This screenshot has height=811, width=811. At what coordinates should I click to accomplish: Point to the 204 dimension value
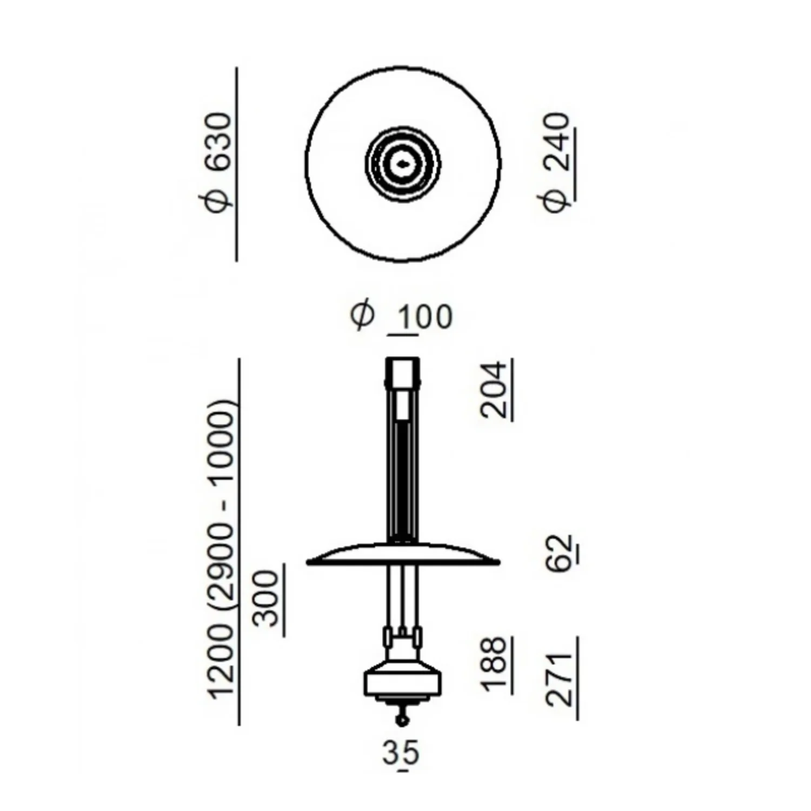tap(494, 390)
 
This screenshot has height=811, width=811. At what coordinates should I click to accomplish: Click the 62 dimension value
tap(561, 553)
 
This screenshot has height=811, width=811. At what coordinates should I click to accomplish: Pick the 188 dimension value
tap(494, 664)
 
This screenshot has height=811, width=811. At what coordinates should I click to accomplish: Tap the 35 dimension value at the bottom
tap(401, 753)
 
